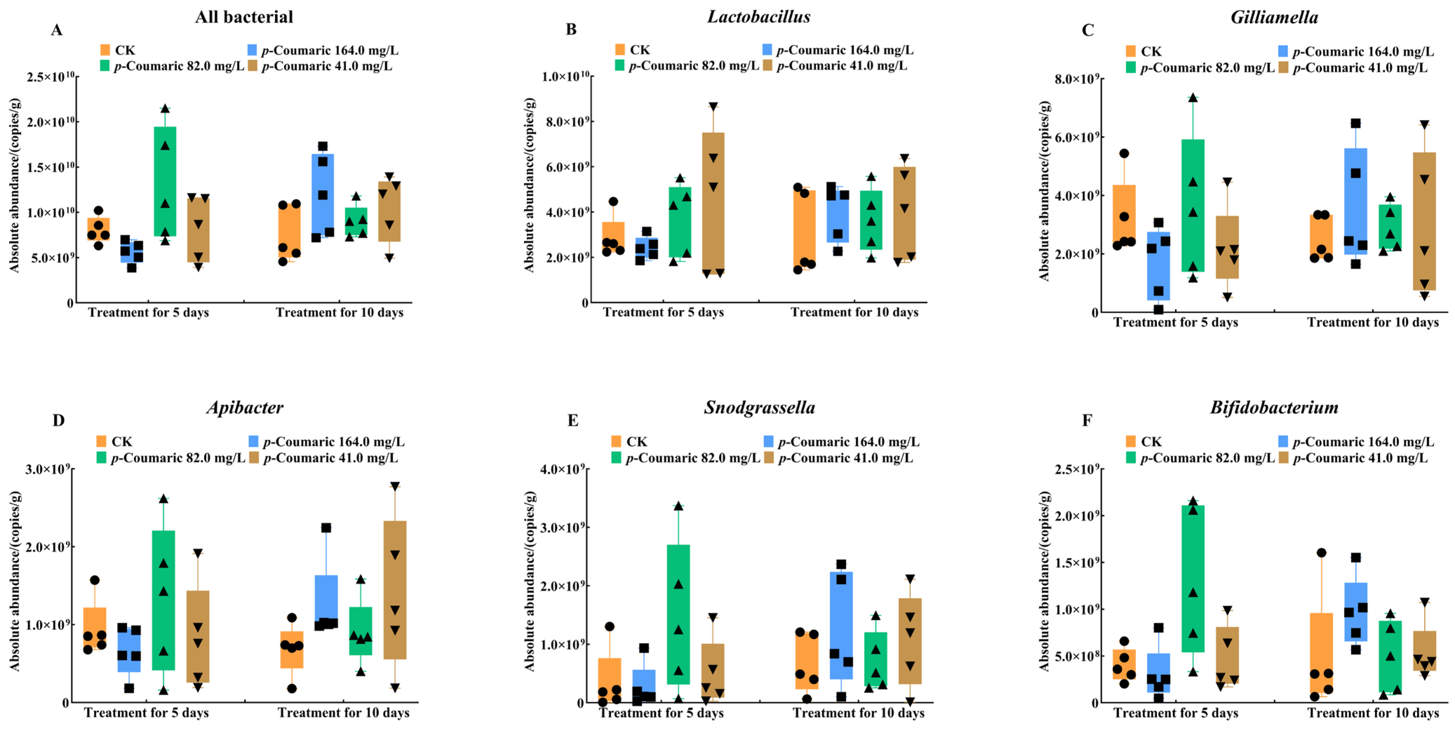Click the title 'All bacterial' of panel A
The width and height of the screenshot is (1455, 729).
[244, 17]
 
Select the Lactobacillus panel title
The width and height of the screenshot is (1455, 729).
[759, 17]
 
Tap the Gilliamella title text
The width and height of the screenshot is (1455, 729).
[1274, 18]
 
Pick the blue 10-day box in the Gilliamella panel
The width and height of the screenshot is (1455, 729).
[1356, 201]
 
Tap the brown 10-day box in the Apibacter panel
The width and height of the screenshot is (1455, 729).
[395, 590]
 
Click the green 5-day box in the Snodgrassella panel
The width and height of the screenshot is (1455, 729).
[678, 615]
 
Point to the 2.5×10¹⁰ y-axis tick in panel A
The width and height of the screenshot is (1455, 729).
[51, 77]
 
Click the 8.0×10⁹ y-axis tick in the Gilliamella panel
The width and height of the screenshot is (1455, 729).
[1077, 79]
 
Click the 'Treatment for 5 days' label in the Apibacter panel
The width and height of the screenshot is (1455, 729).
[146, 713]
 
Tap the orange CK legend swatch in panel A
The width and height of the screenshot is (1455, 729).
[105, 50]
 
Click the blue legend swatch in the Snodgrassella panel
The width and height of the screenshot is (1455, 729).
[769, 441]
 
